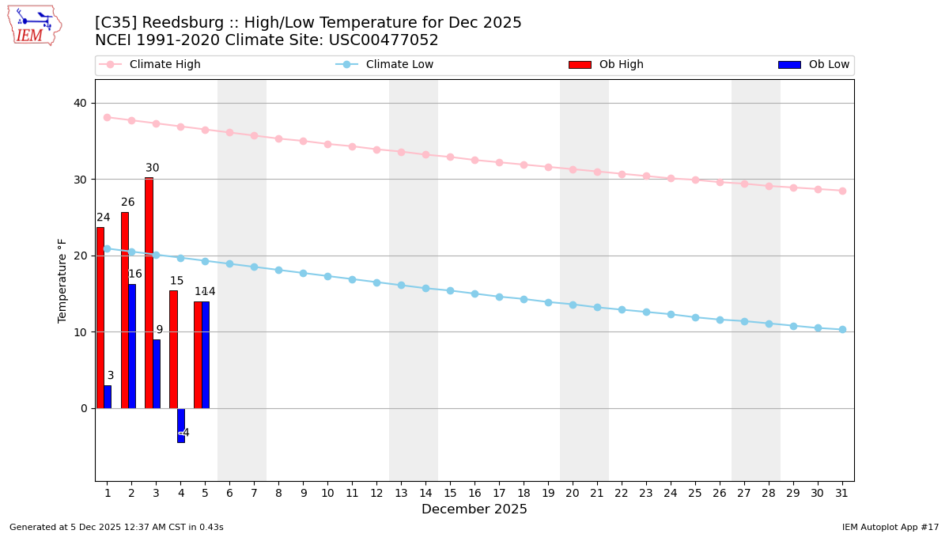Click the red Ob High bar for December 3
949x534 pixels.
tap(149, 293)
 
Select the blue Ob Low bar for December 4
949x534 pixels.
tap(181, 425)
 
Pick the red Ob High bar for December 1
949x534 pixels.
tap(100, 317)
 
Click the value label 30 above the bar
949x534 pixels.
tap(152, 168)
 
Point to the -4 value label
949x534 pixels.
tap(183, 433)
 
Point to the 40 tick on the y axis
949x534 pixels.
tap(81, 103)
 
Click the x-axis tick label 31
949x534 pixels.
tap(842, 493)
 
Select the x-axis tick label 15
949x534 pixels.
tap(450, 493)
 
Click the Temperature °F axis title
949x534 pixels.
tap(62, 280)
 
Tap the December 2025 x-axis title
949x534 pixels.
tap(475, 509)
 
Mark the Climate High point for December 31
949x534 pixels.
tap(842, 191)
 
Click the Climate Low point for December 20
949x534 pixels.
tap(573, 305)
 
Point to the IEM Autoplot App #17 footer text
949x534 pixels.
tap(890, 527)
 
